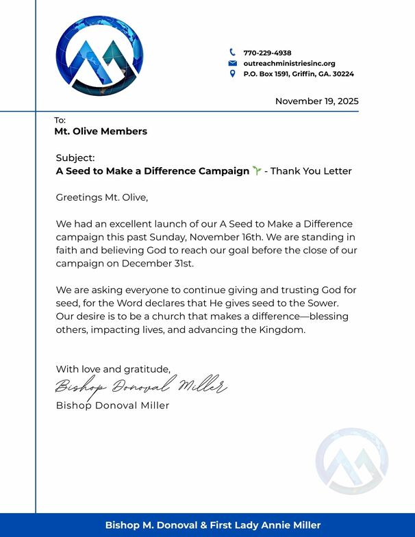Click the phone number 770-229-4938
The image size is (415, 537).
tap(267, 53)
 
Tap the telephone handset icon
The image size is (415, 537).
tap(232, 52)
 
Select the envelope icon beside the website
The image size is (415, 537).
tap(232, 63)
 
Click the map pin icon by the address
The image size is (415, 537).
tap(232, 73)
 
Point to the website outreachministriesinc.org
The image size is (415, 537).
tap(289, 63)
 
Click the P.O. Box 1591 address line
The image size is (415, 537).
tap(299, 73)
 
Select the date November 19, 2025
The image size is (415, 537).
tap(316, 101)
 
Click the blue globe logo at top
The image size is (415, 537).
tap(101, 55)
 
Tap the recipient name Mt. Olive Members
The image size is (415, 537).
tap(101, 131)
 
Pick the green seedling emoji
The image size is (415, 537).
tap(257, 171)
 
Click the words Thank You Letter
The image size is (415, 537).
tap(312, 171)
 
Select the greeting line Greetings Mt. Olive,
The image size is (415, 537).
tap(102, 198)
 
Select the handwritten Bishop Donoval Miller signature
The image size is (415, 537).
tap(140, 386)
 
